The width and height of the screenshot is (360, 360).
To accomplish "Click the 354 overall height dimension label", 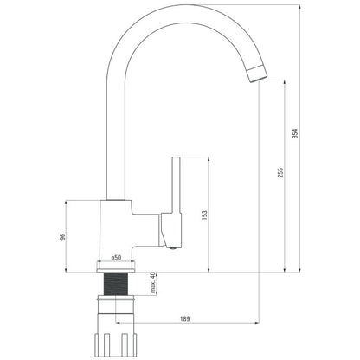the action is point(295,133).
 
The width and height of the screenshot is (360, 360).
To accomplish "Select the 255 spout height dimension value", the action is point(280,172).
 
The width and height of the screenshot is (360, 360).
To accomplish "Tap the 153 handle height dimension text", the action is point(204,215).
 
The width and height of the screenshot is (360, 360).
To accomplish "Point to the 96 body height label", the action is point(61,236).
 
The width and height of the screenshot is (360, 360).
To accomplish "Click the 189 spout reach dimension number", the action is point(185,318).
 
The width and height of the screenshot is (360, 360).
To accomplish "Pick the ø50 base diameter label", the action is point(116,258).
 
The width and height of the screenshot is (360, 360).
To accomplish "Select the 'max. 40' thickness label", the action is point(153,282).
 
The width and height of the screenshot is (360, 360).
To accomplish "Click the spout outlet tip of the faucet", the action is point(258,74).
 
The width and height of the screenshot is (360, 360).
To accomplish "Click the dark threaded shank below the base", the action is point(115,284).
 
